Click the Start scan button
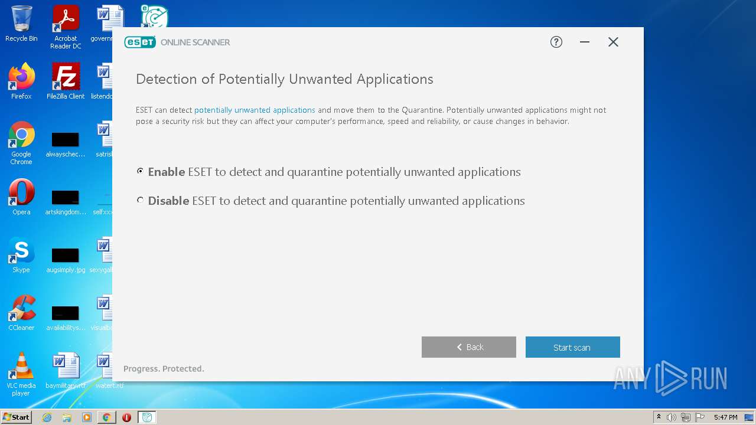point(572,347)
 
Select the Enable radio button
point(140,171)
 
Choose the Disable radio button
point(140,200)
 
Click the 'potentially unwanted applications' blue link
point(255,110)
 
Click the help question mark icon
point(556,42)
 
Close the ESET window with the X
point(613,42)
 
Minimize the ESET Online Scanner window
point(585,42)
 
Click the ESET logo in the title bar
point(140,42)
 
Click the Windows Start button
point(16,417)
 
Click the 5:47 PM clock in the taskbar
point(725,417)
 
